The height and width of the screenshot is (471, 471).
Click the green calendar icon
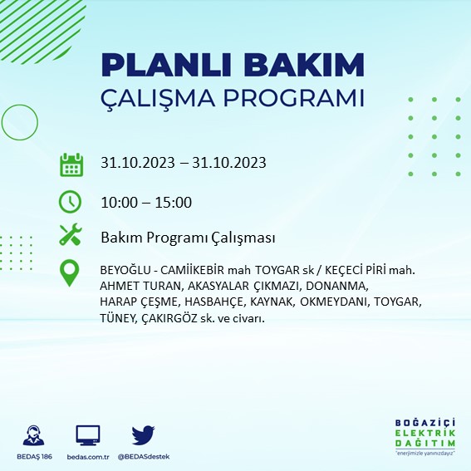(71, 164)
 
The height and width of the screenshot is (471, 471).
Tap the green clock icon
(71, 202)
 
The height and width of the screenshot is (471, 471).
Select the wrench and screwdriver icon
(71, 236)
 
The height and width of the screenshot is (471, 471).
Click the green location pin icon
(71, 272)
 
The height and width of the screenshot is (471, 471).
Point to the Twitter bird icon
(143, 434)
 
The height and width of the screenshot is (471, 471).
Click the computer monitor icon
(87, 434)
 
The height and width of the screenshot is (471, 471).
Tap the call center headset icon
(34, 435)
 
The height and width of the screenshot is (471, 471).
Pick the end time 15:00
(174, 202)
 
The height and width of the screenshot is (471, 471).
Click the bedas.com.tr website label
(87, 457)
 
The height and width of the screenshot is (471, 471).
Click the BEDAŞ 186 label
(34, 457)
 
